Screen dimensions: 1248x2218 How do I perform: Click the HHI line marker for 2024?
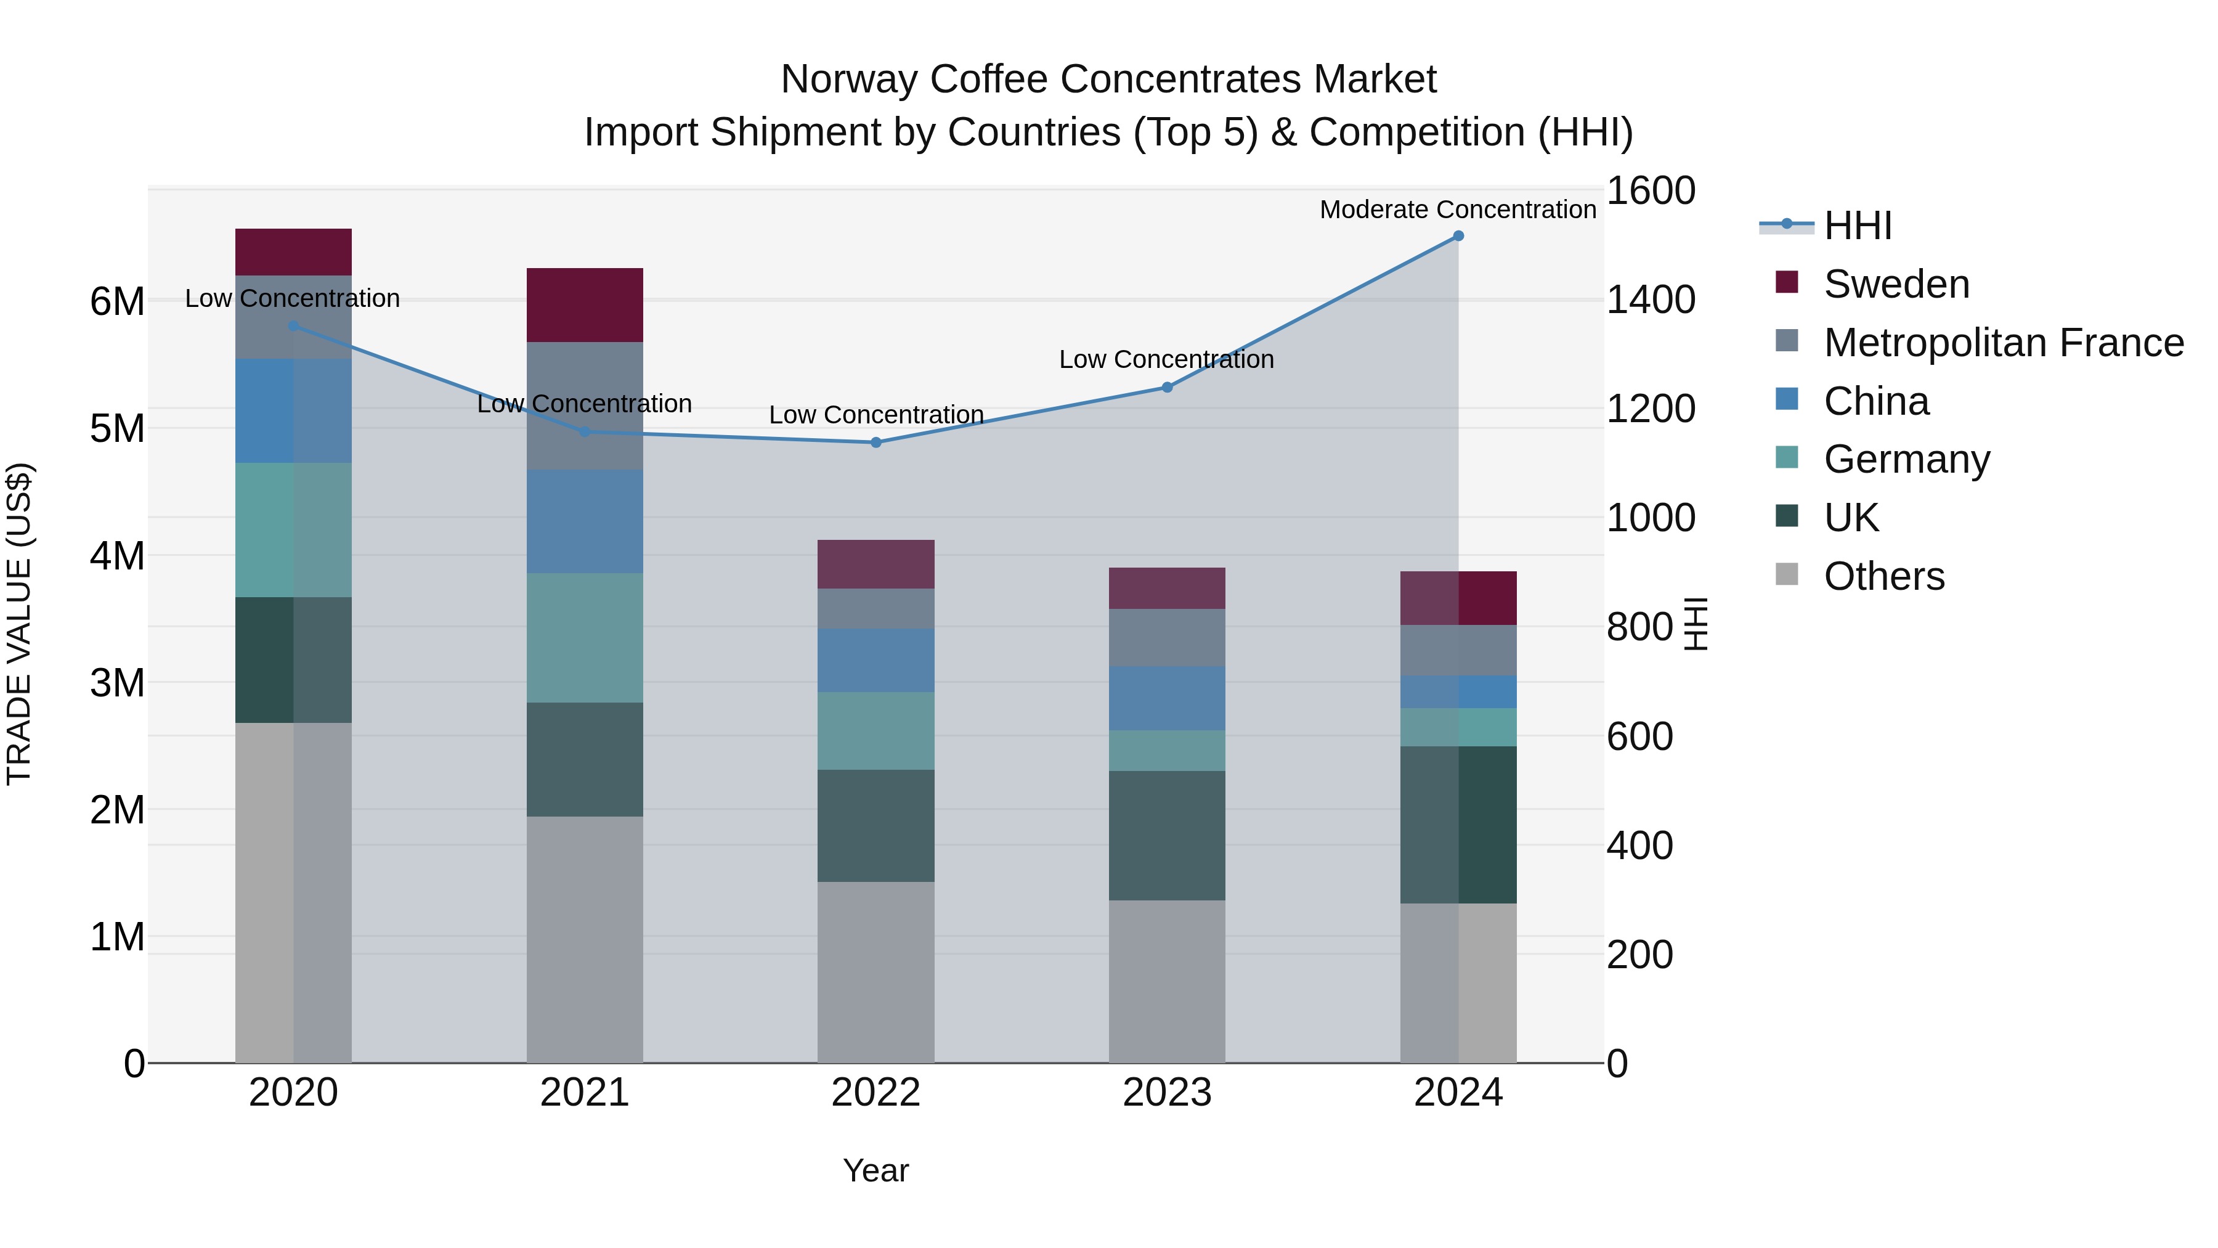pyautogui.click(x=1458, y=236)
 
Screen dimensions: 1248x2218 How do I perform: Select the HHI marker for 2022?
pyautogui.click(x=875, y=443)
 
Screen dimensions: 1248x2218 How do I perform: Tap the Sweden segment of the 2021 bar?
pyautogui.click(x=585, y=305)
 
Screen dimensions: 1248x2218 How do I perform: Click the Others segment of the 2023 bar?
pyautogui.click(x=1167, y=981)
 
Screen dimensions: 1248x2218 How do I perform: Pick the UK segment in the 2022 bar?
pyautogui.click(x=875, y=825)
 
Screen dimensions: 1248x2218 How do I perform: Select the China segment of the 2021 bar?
pyautogui.click(x=585, y=522)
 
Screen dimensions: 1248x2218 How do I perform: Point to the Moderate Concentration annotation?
pyautogui.click(x=1457, y=210)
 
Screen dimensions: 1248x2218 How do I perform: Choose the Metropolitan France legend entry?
pyautogui.click(x=2003, y=343)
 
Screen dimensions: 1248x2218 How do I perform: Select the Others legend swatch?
pyautogui.click(x=1787, y=574)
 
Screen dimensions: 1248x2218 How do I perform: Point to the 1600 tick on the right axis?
pyautogui.click(x=1651, y=190)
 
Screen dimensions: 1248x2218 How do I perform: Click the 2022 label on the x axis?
pyautogui.click(x=875, y=1093)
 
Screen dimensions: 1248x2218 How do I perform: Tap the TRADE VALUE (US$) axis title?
pyautogui.click(x=19, y=624)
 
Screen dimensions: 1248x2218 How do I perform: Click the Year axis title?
pyautogui.click(x=875, y=1170)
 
